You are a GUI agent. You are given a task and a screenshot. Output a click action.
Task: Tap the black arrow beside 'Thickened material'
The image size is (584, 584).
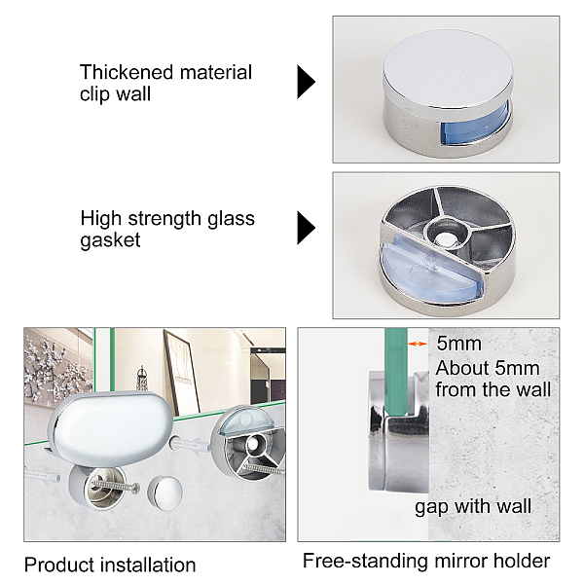coord(306,82)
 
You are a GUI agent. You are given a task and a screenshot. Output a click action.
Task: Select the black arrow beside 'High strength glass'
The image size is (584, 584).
coord(306,228)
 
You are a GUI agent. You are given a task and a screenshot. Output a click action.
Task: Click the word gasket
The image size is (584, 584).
coord(110,240)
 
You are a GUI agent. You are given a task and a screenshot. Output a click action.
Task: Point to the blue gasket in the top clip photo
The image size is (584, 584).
coord(473,125)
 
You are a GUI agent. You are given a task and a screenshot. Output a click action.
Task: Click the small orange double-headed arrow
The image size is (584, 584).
coord(418,344)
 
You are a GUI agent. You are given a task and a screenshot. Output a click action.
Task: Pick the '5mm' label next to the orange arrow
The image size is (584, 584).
coord(458,344)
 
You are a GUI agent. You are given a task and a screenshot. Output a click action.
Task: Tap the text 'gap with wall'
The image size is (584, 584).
coord(473,507)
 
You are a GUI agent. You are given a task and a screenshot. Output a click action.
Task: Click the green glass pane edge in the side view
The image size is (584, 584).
coord(395,373)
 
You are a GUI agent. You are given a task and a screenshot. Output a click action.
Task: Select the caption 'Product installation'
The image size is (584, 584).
coord(110,565)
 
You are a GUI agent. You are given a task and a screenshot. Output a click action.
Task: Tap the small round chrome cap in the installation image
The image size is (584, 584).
coord(165,493)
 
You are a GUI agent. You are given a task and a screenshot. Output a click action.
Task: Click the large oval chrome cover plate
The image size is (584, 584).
coord(111,429)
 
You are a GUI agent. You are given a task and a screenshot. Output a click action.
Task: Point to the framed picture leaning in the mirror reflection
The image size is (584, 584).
coord(182,373)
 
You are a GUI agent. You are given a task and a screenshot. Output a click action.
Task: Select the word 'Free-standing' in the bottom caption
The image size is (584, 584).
coord(365,561)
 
